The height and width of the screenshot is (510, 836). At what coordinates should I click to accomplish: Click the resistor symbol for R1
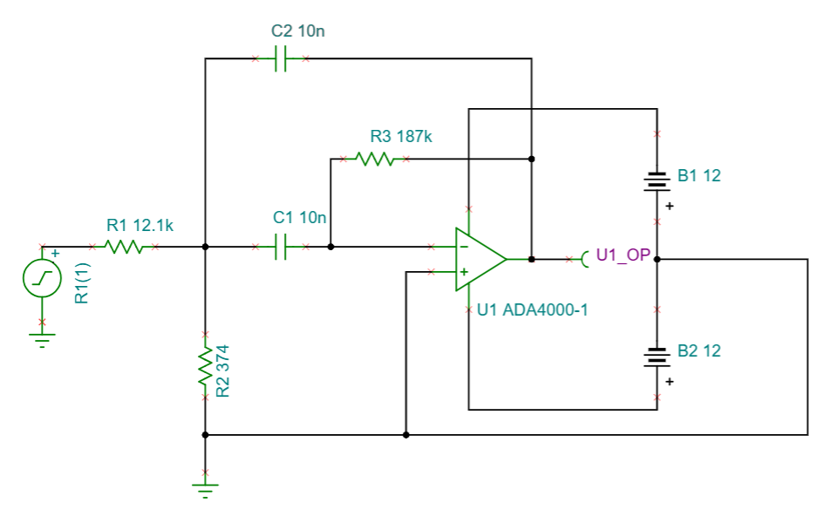coord(124,247)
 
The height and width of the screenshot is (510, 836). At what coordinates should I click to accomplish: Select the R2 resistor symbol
coord(205,366)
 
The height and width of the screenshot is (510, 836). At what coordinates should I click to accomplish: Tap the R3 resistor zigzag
coord(375,159)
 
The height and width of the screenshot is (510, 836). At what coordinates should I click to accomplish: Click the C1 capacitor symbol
coord(281,247)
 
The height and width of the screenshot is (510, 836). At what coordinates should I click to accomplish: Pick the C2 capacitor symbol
coord(281,58)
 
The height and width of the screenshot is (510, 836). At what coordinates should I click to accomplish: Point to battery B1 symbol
coord(657,180)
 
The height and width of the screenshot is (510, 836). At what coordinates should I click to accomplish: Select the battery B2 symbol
coord(657,357)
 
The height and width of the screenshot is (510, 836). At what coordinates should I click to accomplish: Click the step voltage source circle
coord(42,278)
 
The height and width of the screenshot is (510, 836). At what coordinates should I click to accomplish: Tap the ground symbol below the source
coord(42,340)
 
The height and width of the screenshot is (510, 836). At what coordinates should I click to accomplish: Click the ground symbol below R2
coord(205,490)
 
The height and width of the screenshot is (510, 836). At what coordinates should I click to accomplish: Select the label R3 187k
coord(401,137)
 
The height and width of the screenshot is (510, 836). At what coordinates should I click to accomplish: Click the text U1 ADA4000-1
coord(532,310)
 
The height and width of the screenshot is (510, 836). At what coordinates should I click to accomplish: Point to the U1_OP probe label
coord(622,255)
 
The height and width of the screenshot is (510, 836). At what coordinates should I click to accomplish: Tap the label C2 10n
coord(298,31)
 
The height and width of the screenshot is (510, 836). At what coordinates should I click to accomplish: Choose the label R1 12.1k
coord(139,225)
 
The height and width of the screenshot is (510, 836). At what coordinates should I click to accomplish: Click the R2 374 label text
coord(222,371)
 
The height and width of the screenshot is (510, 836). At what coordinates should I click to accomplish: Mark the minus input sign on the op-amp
coord(464,247)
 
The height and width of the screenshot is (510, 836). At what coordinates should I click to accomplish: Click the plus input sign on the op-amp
coord(464,272)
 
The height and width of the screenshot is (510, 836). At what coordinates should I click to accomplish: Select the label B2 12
coord(699,351)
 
